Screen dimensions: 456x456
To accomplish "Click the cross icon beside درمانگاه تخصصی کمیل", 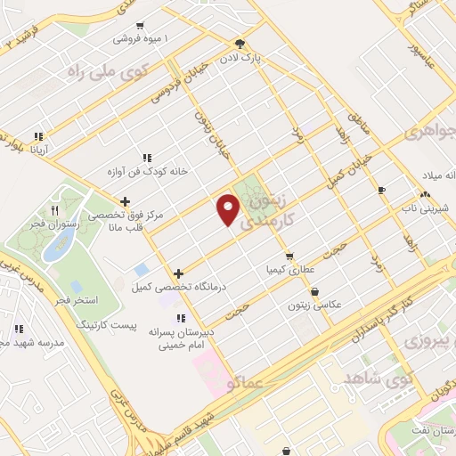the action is pyautogui.click(x=179, y=273).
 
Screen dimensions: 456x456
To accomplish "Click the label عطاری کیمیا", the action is pyautogui.click(x=290, y=269).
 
